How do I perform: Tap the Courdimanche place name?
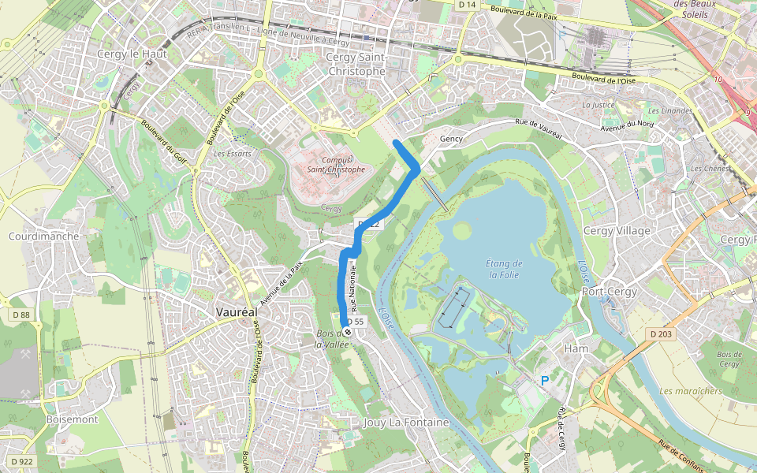pos(43,236)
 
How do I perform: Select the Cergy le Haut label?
pos(128,54)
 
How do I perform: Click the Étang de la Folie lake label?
pos(504,269)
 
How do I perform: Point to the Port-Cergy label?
pos(609,291)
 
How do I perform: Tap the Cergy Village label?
pos(617,231)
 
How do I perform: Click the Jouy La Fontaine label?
pos(406,423)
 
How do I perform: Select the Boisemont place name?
pos(72,419)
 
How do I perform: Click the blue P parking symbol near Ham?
pos(544,381)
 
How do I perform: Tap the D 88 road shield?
pos(21,315)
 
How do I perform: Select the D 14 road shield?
pos(467,5)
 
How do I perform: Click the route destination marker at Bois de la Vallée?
pos(346,322)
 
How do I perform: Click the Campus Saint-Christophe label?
pos(337,164)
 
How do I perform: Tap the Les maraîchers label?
pos(690,391)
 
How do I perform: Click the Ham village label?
pos(577,348)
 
